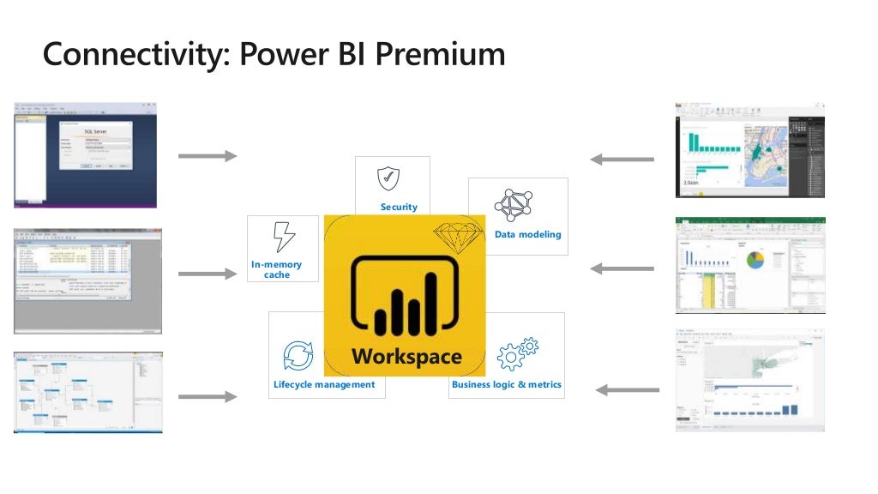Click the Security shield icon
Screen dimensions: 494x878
388,178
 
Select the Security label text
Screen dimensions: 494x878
399,207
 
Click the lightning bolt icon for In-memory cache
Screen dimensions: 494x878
283,237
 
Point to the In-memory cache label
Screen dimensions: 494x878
277,270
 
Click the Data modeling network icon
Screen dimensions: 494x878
514,206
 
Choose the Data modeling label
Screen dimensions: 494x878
528,234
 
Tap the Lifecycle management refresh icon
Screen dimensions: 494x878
298,355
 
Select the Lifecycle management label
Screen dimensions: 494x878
324,384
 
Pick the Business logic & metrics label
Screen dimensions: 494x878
507,384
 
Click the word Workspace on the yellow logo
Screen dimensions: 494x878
406,357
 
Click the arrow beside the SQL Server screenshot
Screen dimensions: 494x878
207,155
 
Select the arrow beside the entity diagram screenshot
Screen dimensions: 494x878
207,396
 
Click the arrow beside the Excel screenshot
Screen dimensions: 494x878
622,268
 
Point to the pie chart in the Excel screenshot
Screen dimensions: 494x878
755,260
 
